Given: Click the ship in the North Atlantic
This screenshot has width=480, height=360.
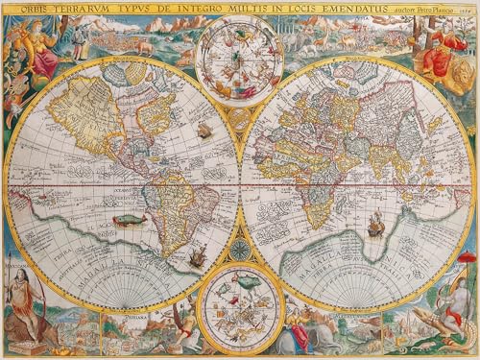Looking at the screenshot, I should pos(203,129).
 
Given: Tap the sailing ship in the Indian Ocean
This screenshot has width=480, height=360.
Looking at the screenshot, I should pos(375,227).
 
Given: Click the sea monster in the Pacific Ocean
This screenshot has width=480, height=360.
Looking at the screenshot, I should pos(128,220).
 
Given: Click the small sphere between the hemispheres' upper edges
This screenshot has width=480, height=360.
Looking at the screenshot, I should pos(239,119).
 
